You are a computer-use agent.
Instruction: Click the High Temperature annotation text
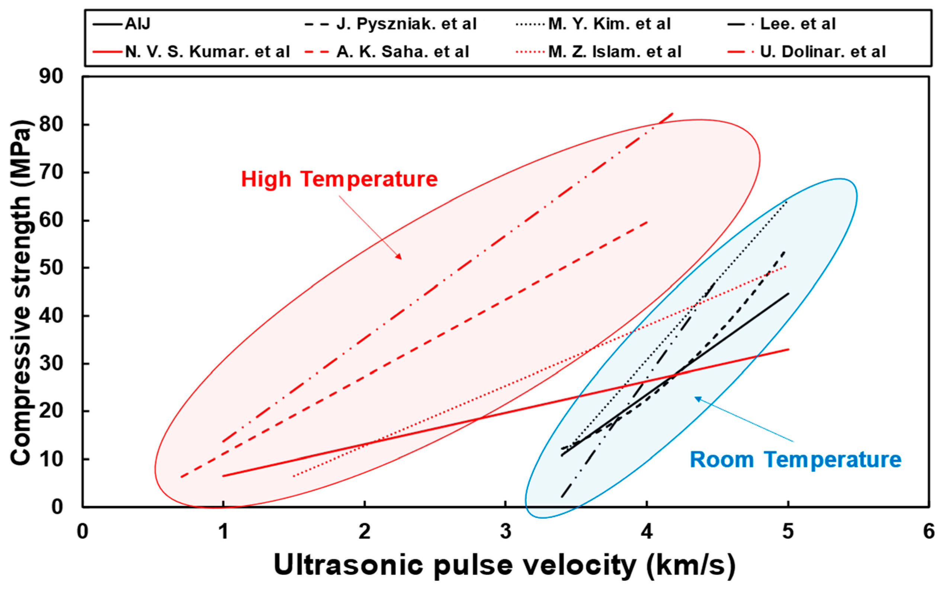point(339,179)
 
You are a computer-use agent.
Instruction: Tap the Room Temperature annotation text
point(795,459)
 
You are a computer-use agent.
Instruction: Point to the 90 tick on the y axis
point(51,77)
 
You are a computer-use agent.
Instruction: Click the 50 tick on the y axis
point(51,268)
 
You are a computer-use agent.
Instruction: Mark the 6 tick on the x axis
point(928,532)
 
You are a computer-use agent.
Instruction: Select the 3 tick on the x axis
point(506,532)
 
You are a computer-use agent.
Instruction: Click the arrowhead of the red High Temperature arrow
point(400,258)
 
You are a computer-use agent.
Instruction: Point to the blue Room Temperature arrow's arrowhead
point(696,398)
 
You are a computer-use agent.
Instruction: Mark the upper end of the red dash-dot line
point(673,113)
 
